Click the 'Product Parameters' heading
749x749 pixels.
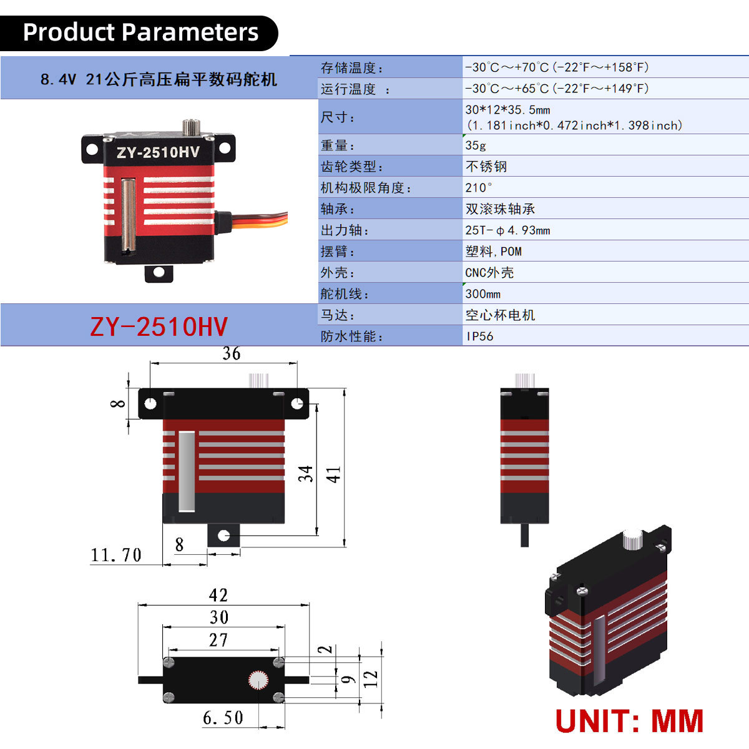[x=140, y=32]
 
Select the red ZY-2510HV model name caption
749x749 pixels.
[x=159, y=326]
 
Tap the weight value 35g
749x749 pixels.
[x=476, y=145]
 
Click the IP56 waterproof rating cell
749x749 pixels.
[x=479, y=336]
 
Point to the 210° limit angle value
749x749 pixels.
[x=479, y=188]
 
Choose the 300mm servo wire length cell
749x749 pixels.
[x=482, y=294]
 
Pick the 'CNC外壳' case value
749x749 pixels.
[x=489, y=273]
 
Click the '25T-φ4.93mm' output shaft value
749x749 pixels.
[x=507, y=230]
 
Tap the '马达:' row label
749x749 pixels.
[x=338, y=315]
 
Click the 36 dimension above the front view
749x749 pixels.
[x=232, y=353]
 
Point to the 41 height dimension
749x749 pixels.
[x=333, y=474]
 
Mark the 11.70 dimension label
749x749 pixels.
[x=116, y=555]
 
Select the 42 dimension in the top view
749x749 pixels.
[x=218, y=595]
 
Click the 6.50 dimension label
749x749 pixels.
[x=223, y=718]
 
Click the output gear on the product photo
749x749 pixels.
[x=191, y=127]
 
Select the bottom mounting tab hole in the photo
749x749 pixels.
[x=159, y=272]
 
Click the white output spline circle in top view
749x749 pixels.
[x=258, y=680]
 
